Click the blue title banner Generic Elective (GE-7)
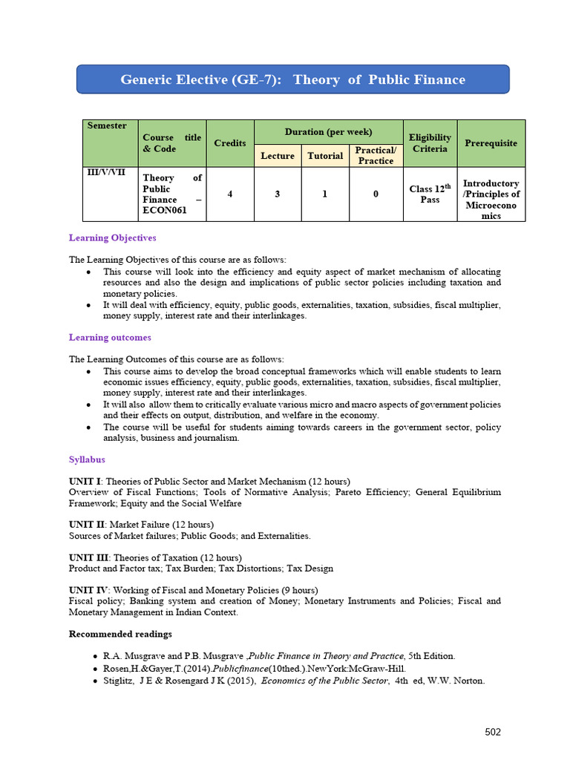pyautogui.click(x=292, y=79)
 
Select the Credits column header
pyautogui.click(x=230, y=142)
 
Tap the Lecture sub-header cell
pyautogui.click(x=278, y=155)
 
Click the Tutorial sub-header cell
pyautogui.click(x=325, y=155)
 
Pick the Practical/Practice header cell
pyautogui.click(x=376, y=155)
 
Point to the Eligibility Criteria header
pyautogui.click(x=430, y=142)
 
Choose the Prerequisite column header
pyautogui.click(x=491, y=142)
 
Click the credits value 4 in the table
pyautogui.click(x=230, y=194)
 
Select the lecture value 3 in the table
pyautogui.click(x=278, y=194)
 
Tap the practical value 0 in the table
pyautogui.click(x=376, y=194)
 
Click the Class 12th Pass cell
pyautogui.click(x=430, y=194)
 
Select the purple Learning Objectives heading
pyautogui.click(x=112, y=238)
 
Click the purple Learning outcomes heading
pyautogui.click(x=110, y=338)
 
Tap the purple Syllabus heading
pyautogui.click(x=87, y=459)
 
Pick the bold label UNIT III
pyautogui.click(x=88, y=557)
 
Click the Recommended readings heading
pyautogui.click(x=120, y=634)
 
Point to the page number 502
pyautogui.click(x=493, y=732)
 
